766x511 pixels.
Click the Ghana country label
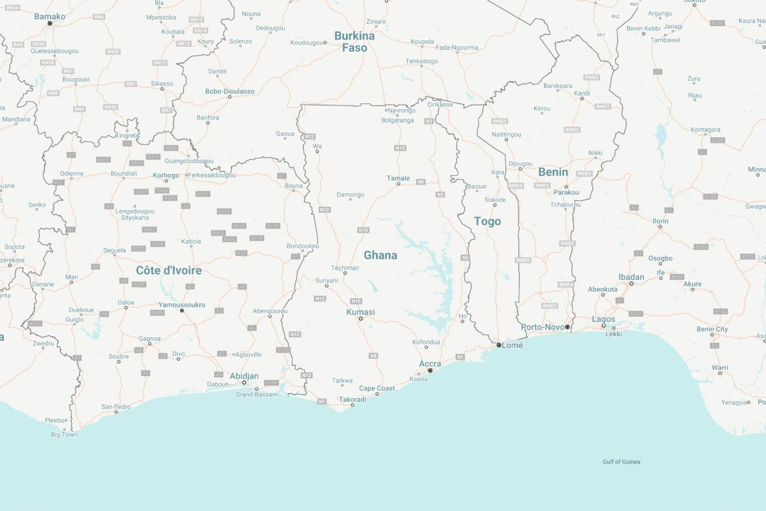tap(380, 255)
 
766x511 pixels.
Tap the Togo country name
tap(487, 221)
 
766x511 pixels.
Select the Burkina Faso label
tap(354, 42)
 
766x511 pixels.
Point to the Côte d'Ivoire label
tap(169, 270)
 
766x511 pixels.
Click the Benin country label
tap(553, 172)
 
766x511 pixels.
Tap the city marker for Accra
tap(430, 370)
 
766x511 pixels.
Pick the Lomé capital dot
tap(499, 345)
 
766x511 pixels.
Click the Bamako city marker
tap(50, 24)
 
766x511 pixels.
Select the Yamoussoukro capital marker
tap(182, 311)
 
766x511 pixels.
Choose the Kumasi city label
tap(361, 312)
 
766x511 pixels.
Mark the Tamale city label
tap(398, 178)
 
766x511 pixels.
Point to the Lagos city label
tap(603, 319)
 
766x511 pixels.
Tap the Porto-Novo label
tap(543, 327)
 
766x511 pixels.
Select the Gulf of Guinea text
tap(621, 462)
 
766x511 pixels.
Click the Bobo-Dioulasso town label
tap(230, 91)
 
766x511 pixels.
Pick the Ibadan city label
tap(631, 277)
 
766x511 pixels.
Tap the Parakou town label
tap(566, 192)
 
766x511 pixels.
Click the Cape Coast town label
tap(377, 388)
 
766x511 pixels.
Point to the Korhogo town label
tap(167, 174)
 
